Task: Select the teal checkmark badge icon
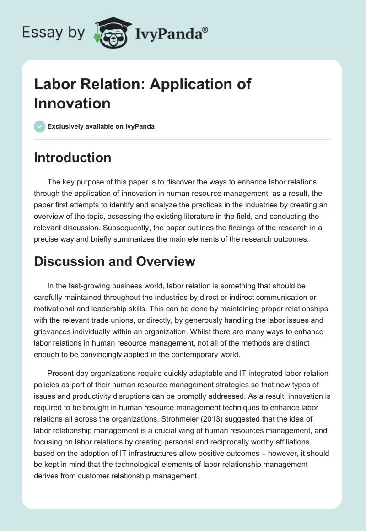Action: pyautogui.click(x=40, y=126)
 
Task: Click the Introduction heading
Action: pyautogui.click(x=73, y=157)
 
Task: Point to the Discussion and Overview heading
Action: pyautogui.click(x=115, y=261)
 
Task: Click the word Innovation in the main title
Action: pyautogui.click(x=72, y=103)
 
